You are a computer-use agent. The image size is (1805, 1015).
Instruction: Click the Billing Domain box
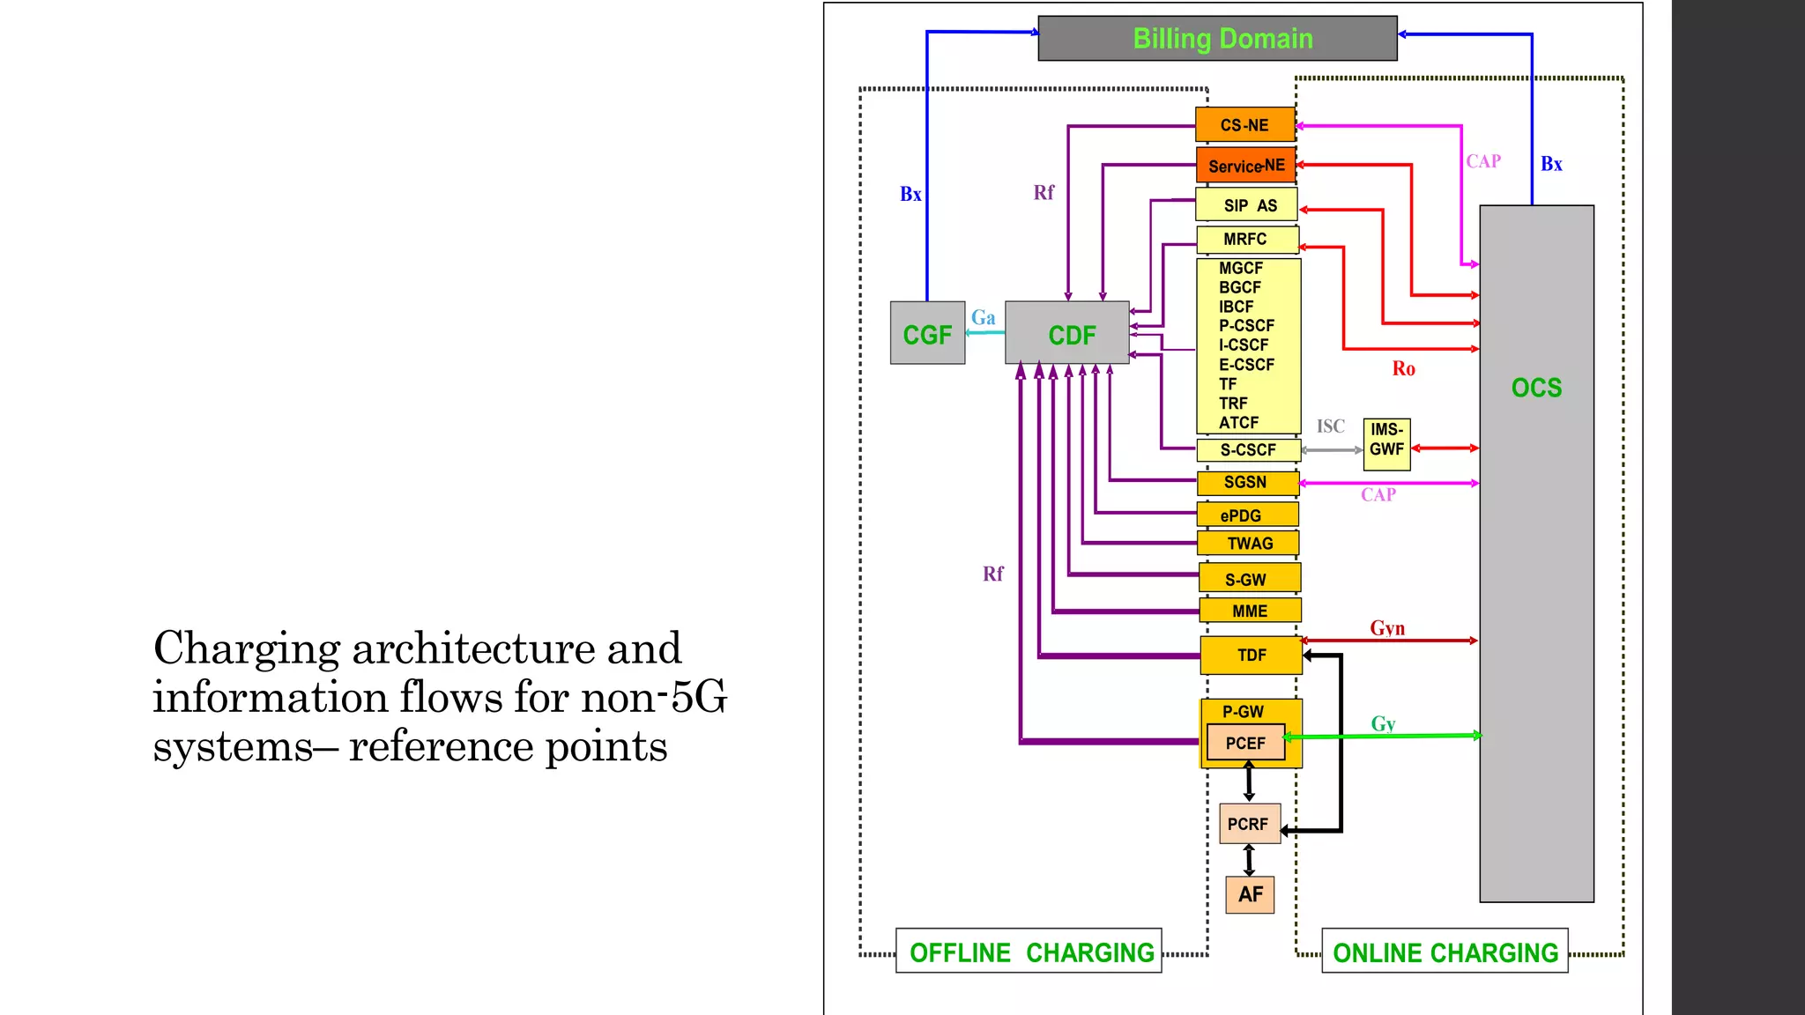[x=1217, y=39]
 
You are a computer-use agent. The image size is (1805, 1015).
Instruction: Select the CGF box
[x=927, y=333]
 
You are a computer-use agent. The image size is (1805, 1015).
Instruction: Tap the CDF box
[x=1067, y=333]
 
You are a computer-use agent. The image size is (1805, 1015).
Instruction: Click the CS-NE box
[x=1244, y=125]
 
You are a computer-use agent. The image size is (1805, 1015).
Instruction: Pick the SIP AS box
[x=1246, y=205]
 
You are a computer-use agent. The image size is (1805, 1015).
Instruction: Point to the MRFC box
[x=1246, y=240]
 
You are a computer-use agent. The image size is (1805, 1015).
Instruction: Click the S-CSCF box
[x=1248, y=450]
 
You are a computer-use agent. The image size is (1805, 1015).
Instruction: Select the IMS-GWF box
[x=1386, y=441]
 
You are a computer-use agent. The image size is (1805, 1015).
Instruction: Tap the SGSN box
[x=1247, y=483]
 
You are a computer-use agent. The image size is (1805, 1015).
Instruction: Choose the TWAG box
[x=1249, y=544]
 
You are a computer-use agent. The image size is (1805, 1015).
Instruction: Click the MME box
[x=1250, y=611]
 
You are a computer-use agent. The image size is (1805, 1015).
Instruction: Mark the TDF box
[x=1251, y=656]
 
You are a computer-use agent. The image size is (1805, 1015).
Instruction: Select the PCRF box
[x=1249, y=824]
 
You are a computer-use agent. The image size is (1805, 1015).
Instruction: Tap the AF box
[x=1250, y=895]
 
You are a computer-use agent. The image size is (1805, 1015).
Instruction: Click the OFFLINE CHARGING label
[x=1029, y=952]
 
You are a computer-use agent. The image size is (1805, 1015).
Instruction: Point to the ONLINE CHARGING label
[x=1445, y=952]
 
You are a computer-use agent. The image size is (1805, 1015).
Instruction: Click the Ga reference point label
[x=984, y=318]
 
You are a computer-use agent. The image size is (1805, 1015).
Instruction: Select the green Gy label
[x=1383, y=723]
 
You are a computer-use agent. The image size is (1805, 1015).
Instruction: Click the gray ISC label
[x=1330, y=426]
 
